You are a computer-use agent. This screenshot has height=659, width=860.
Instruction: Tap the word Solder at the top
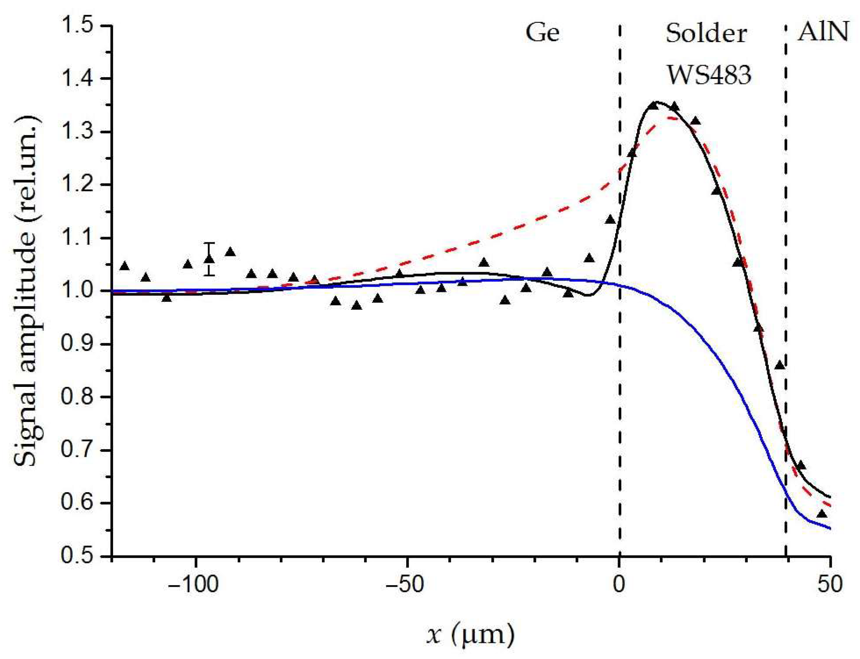(706, 33)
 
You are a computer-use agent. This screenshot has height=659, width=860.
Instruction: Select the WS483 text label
(709, 75)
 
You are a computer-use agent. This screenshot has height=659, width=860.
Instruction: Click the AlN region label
(823, 31)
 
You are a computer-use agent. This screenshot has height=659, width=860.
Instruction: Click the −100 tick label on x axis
(193, 584)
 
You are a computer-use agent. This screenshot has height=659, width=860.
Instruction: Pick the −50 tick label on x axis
(405, 584)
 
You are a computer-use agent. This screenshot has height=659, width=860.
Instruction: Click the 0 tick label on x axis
(619, 584)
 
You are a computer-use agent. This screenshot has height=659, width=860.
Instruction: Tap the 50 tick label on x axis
(830, 584)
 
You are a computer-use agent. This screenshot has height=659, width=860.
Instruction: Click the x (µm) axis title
(470, 634)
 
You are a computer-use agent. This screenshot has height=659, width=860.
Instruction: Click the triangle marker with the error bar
(209, 259)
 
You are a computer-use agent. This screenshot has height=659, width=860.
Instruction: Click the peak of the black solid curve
(656, 102)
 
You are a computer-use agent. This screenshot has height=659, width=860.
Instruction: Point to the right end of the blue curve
(829, 528)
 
